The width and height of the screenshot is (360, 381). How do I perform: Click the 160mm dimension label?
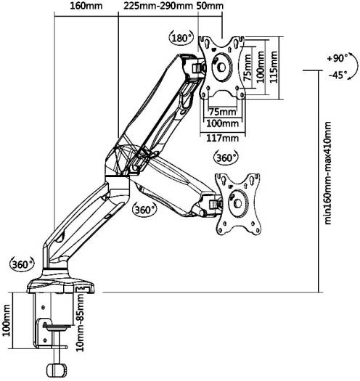tap(86, 6)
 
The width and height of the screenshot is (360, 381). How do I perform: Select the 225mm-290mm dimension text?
tap(158, 6)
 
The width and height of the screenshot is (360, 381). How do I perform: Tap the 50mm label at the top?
tap(210, 6)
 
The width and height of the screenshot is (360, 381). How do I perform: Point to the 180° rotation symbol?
tap(181, 38)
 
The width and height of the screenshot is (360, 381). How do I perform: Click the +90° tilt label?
tap(337, 59)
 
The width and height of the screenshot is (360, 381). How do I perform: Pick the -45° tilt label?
tap(337, 75)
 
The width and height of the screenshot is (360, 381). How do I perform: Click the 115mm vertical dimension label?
tap(274, 67)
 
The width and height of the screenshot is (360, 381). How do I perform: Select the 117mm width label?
tap(222, 139)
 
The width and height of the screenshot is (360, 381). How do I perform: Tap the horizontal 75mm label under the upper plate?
tap(222, 112)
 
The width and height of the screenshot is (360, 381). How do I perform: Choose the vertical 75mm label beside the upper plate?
tap(247, 67)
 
